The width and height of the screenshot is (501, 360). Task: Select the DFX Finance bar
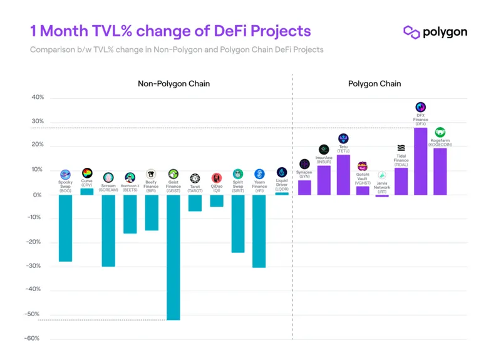tap(420, 161)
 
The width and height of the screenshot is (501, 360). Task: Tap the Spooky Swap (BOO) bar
tap(65, 227)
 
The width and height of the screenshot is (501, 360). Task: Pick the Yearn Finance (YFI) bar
tap(259, 230)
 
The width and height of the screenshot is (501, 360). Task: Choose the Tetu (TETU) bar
tap(343, 175)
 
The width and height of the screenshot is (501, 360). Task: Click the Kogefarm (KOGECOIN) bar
tap(440, 171)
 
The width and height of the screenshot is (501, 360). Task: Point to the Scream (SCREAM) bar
tap(108, 230)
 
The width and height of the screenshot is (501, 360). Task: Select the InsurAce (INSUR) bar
tap(324, 180)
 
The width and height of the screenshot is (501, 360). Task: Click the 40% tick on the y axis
tap(38, 98)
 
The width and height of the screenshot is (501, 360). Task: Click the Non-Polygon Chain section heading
tap(173, 83)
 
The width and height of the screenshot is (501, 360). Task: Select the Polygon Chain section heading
tap(374, 83)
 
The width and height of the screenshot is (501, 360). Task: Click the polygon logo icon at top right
tap(411, 32)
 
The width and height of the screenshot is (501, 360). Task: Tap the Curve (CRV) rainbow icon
tap(87, 173)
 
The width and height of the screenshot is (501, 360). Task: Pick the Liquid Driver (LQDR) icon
tap(282, 172)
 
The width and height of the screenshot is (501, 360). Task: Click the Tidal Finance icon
tap(401, 148)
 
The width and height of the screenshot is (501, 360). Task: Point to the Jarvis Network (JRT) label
tap(382, 187)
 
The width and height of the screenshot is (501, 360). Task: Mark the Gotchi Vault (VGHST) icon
tap(363, 166)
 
